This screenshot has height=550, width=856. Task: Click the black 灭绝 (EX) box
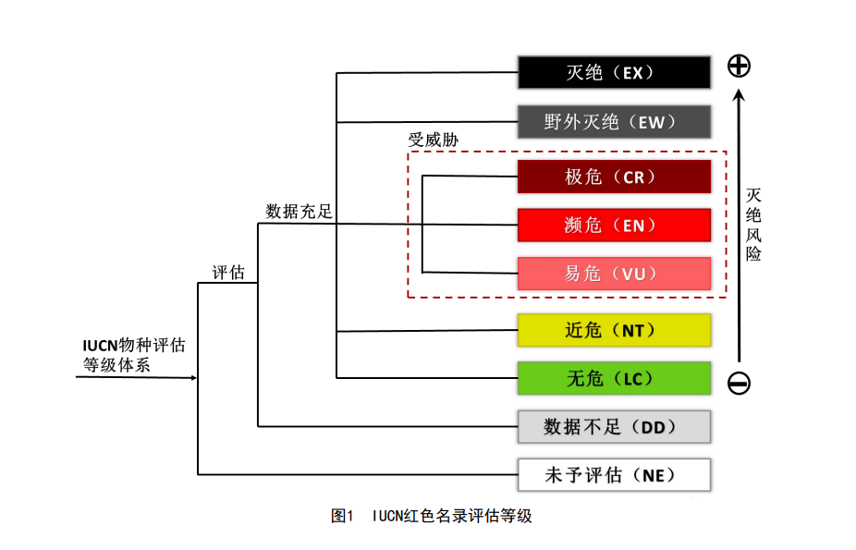pos(614,72)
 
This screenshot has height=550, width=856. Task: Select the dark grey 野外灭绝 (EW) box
pos(614,122)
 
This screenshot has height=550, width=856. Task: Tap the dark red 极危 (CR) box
pos(614,177)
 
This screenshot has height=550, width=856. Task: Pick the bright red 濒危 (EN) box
pos(614,225)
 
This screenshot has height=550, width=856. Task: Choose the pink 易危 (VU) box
pos(614,274)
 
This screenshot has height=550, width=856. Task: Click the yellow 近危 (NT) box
pos(614,330)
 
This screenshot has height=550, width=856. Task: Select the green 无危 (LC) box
pos(614,378)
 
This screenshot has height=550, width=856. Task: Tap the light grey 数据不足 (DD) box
pos(614,427)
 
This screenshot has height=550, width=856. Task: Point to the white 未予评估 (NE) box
pos(614,475)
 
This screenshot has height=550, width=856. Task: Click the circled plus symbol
pos(739,66)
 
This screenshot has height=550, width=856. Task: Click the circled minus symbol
pos(739,383)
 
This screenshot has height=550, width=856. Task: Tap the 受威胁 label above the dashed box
pos(434,141)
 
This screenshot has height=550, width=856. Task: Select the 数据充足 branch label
pos(299,211)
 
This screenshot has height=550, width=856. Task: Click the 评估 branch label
pos(228,273)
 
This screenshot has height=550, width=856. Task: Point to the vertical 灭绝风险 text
pos(753,225)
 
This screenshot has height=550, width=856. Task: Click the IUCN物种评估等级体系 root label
pos(134,355)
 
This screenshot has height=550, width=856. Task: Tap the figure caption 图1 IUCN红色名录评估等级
pos(432,516)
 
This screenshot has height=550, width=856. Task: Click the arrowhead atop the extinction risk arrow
pos(739,95)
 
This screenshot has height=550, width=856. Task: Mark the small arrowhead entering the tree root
pos(194,377)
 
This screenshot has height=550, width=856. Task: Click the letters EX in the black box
pos(632,73)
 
